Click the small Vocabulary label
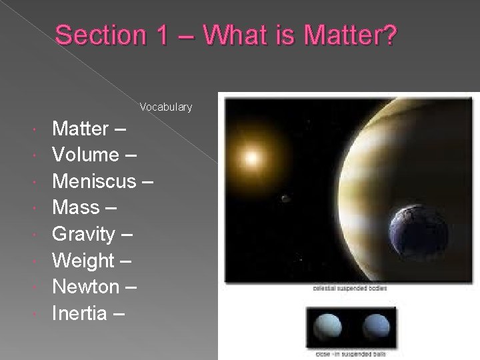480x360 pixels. coord(166,107)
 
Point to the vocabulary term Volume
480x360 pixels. coord(85,155)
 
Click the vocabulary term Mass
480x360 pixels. coord(75,207)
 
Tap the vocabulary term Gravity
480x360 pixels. coord(83,234)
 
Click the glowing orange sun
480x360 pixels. coord(252,158)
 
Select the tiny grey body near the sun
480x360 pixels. coord(285,198)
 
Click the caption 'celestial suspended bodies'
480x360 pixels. coord(350,289)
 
